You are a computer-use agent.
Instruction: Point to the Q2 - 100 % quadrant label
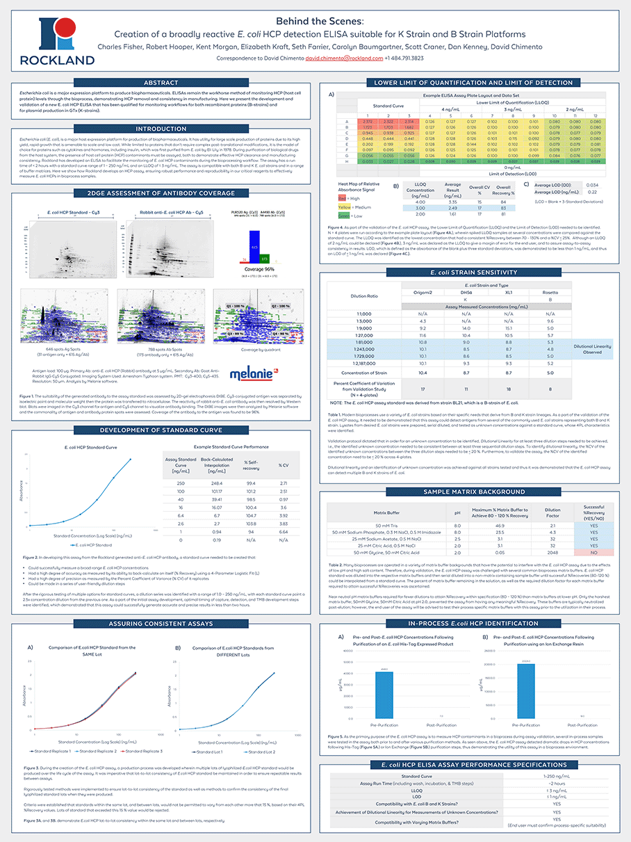pyautogui.click(x=281, y=305)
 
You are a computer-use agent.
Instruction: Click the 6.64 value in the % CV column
pyautogui.click(x=284, y=530)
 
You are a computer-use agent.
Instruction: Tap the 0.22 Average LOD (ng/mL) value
pyautogui.click(x=592, y=211)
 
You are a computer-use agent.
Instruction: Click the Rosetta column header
pyautogui.click(x=550, y=292)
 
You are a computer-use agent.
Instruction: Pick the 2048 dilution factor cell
pyautogui.click(x=552, y=552)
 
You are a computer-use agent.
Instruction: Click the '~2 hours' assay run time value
pyautogui.click(x=556, y=783)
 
